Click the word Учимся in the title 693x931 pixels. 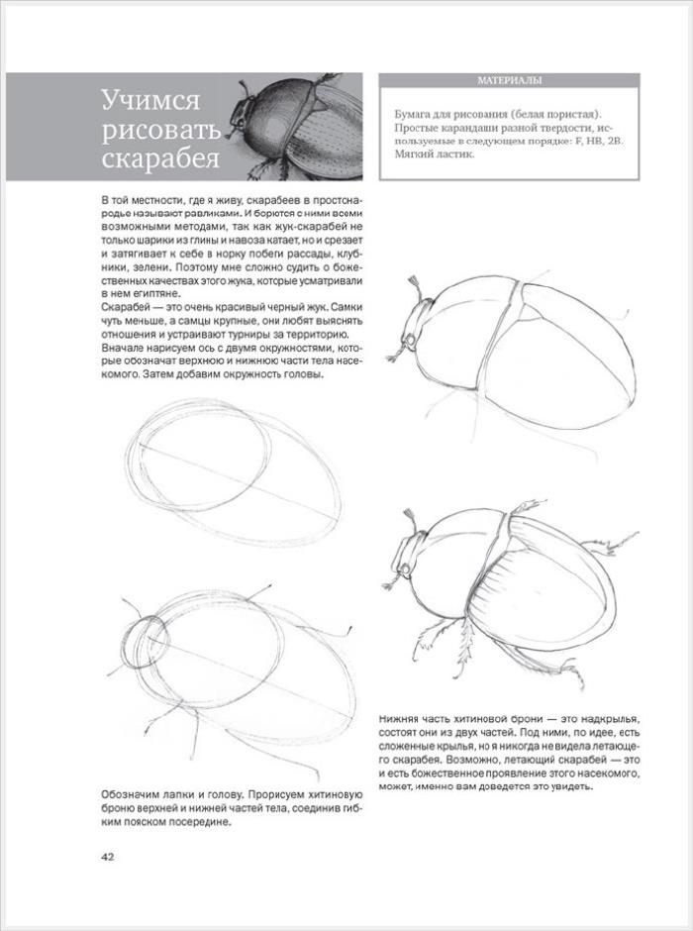pos(151,101)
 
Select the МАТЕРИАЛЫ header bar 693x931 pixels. pos(507,81)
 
